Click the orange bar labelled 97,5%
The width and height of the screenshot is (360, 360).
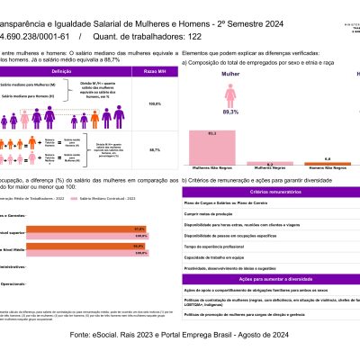click(74, 229)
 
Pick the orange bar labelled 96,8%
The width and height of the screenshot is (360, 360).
click(74, 245)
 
